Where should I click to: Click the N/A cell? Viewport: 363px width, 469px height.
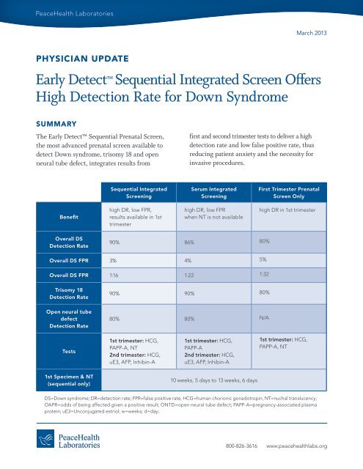(265, 319)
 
